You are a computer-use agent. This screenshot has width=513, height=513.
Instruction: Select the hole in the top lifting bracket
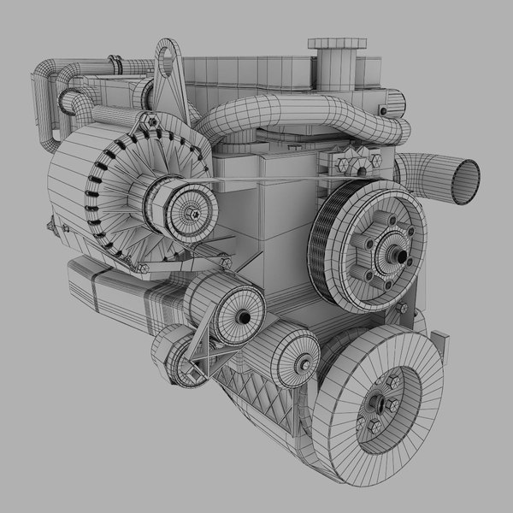(172, 60)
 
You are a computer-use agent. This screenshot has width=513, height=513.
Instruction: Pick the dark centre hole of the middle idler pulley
(245, 317)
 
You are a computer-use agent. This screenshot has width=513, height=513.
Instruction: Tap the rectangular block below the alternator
(111, 286)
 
